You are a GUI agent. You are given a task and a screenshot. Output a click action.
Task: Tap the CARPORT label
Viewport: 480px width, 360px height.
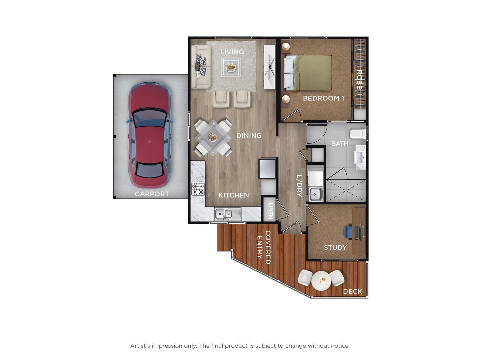152,194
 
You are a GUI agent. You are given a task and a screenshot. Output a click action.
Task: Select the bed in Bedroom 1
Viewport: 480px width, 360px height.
308,73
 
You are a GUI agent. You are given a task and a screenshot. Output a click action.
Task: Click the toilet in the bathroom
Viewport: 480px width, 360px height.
358,134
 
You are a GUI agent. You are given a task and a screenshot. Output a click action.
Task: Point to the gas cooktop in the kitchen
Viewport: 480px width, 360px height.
198,189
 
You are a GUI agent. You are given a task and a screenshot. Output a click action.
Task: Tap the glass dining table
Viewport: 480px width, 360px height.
213,138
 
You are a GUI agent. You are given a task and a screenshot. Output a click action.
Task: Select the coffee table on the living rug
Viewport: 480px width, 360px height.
231,67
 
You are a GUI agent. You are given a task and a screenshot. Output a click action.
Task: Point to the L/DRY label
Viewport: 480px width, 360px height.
299,186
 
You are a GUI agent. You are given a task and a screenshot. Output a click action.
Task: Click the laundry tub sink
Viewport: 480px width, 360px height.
316,194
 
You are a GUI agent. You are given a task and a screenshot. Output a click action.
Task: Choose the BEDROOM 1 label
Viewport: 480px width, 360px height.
323,98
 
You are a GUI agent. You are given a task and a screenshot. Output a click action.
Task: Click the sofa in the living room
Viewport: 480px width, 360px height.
201,67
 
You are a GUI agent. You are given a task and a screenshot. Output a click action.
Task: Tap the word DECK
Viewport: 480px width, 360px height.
353,291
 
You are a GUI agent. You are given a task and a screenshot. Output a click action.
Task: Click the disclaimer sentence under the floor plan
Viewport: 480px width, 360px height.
240,346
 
